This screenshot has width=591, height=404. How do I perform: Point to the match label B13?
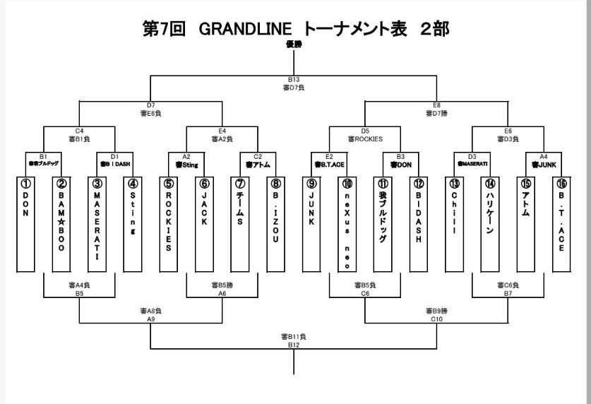(x=294, y=80)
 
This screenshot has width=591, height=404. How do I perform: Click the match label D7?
(x=151, y=105)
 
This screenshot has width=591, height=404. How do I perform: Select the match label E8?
(x=436, y=105)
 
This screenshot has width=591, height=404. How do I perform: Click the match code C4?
(x=79, y=131)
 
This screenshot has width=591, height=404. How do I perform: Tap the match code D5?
(x=365, y=131)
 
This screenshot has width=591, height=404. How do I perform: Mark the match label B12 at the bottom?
(x=294, y=345)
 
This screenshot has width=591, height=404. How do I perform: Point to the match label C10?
(x=436, y=319)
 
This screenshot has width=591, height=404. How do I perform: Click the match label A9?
(x=151, y=319)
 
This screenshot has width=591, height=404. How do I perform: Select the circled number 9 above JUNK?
(x=311, y=183)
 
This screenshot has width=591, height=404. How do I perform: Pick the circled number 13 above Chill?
(x=454, y=183)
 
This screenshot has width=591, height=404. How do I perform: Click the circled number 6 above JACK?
(x=204, y=183)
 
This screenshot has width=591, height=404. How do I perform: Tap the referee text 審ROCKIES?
(x=365, y=138)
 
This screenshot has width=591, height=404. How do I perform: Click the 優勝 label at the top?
(x=294, y=44)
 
